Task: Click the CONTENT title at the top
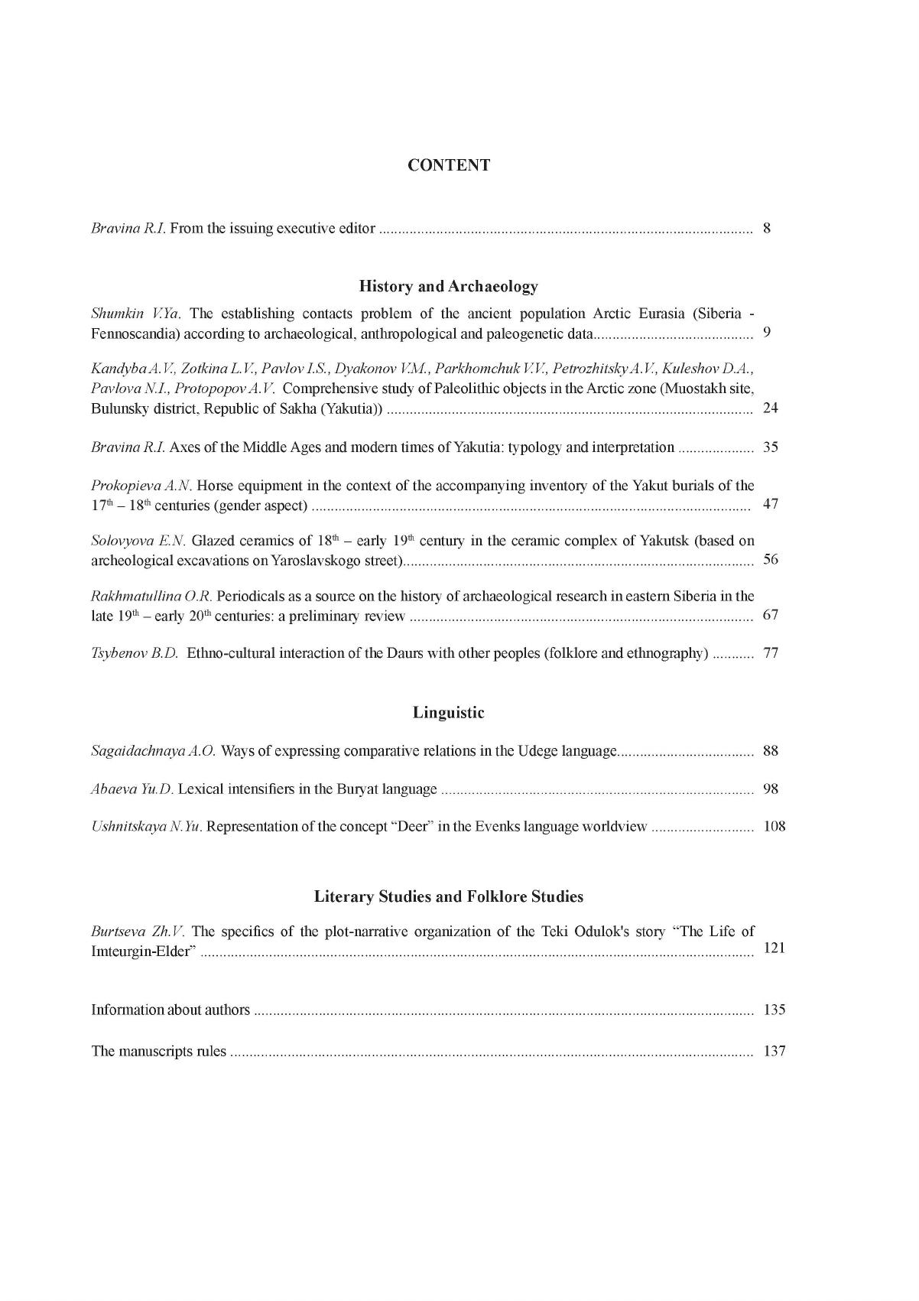[x=449, y=165]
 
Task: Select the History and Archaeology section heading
[x=449, y=287]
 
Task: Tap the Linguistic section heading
[x=449, y=713]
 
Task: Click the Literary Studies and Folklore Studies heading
[x=449, y=896]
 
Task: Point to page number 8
[x=767, y=228]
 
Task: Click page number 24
[x=771, y=408]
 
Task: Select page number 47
[x=771, y=504]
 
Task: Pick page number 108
[x=774, y=826]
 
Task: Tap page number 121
[x=774, y=948]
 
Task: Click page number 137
[x=774, y=1051]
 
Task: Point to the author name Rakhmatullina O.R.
[x=151, y=596]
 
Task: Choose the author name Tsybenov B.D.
[x=135, y=653]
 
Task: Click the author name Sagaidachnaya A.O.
[x=153, y=750]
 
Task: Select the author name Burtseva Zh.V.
[x=138, y=932]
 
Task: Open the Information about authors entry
[x=170, y=1010]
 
